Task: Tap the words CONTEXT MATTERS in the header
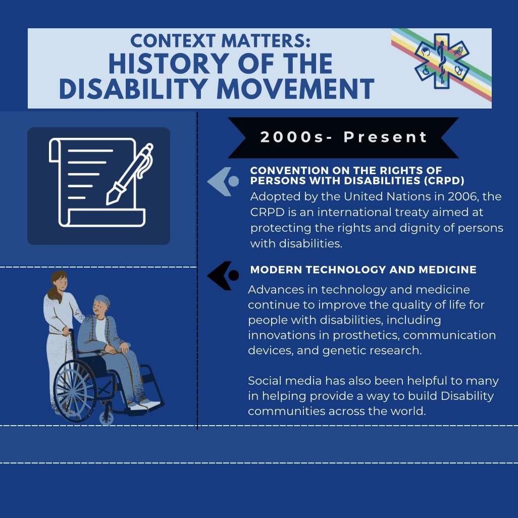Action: coord(221,41)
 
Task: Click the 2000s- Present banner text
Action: coord(343,137)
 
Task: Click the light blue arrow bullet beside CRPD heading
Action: coord(223,181)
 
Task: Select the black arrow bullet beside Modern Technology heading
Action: coord(223,276)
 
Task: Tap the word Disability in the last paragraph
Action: coord(460,396)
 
